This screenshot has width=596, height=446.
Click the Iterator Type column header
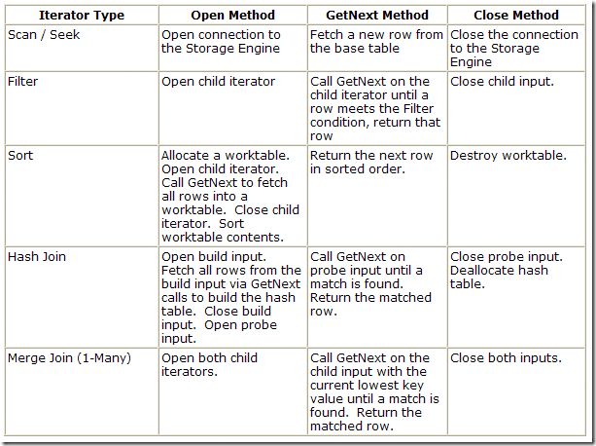[x=81, y=16]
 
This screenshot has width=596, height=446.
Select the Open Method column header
[x=232, y=16]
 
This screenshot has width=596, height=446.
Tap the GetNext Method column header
[x=376, y=16]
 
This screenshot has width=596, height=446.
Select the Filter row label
[x=24, y=82]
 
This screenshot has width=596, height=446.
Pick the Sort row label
[x=21, y=155]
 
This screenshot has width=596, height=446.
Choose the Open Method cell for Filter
[x=218, y=82]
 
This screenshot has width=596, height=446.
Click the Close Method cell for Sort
[x=508, y=155]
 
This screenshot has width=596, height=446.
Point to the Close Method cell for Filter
[x=502, y=82]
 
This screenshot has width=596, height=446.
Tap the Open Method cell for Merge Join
[x=209, y=365]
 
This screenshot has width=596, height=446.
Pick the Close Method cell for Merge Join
[x=506, y=358]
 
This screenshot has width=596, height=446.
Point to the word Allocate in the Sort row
[x=192, y=155]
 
